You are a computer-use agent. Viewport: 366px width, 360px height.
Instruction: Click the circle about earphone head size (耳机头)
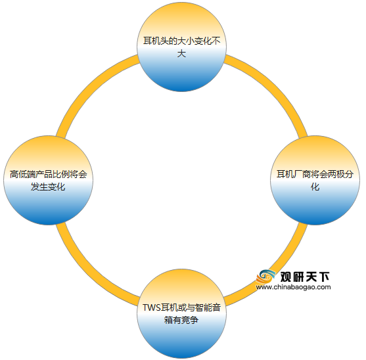(181, 47)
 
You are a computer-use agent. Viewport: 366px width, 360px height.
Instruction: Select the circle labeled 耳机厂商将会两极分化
(315, 181)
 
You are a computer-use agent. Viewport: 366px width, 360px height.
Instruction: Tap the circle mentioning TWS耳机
(181, 313)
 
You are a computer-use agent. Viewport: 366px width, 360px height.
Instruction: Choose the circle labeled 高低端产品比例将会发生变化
(48, 181)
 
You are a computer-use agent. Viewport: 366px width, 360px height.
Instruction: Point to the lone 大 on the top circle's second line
(181, 54)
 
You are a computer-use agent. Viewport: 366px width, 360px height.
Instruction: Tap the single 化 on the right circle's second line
(315, 187)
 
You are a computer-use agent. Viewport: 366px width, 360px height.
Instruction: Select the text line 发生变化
(48, 187)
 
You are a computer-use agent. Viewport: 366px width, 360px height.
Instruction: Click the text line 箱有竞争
(181, 320)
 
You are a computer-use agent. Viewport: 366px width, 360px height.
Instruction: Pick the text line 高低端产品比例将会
(49, 174)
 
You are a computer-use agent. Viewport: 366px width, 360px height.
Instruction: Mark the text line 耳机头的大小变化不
(182, 41)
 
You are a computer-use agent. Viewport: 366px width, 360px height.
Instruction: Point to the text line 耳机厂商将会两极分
(315, 174)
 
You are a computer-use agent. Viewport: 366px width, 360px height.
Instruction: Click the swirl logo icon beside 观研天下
(265, 277)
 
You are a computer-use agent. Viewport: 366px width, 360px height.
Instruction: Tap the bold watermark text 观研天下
(305, 277)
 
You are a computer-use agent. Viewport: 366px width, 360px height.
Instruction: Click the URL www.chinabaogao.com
(294, 287)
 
